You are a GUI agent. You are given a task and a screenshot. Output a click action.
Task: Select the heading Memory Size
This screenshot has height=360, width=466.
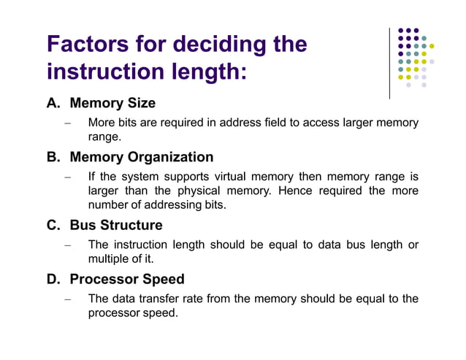point(112,103)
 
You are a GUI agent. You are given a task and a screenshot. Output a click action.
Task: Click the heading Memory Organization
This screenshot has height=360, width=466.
point(142,157)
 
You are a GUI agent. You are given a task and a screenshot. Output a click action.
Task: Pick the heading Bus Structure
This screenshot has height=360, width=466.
point(116,225)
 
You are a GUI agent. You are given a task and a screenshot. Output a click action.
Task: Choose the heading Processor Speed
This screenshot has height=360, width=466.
point(127,279)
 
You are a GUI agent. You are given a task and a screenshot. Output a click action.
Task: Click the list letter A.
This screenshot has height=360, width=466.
point(53,103)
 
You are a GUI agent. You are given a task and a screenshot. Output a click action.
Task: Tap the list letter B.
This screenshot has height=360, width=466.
point(53,157)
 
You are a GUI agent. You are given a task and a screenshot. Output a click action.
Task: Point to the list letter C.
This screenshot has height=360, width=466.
point(53,225)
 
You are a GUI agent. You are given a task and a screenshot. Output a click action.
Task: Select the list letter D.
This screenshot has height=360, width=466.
point(53,279)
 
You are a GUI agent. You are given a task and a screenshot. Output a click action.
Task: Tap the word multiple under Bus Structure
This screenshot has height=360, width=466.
point(107,258)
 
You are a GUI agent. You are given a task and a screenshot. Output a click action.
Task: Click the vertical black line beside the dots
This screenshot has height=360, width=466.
point(389,64)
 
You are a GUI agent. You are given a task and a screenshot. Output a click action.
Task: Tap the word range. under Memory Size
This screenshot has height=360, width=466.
point(104,137)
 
